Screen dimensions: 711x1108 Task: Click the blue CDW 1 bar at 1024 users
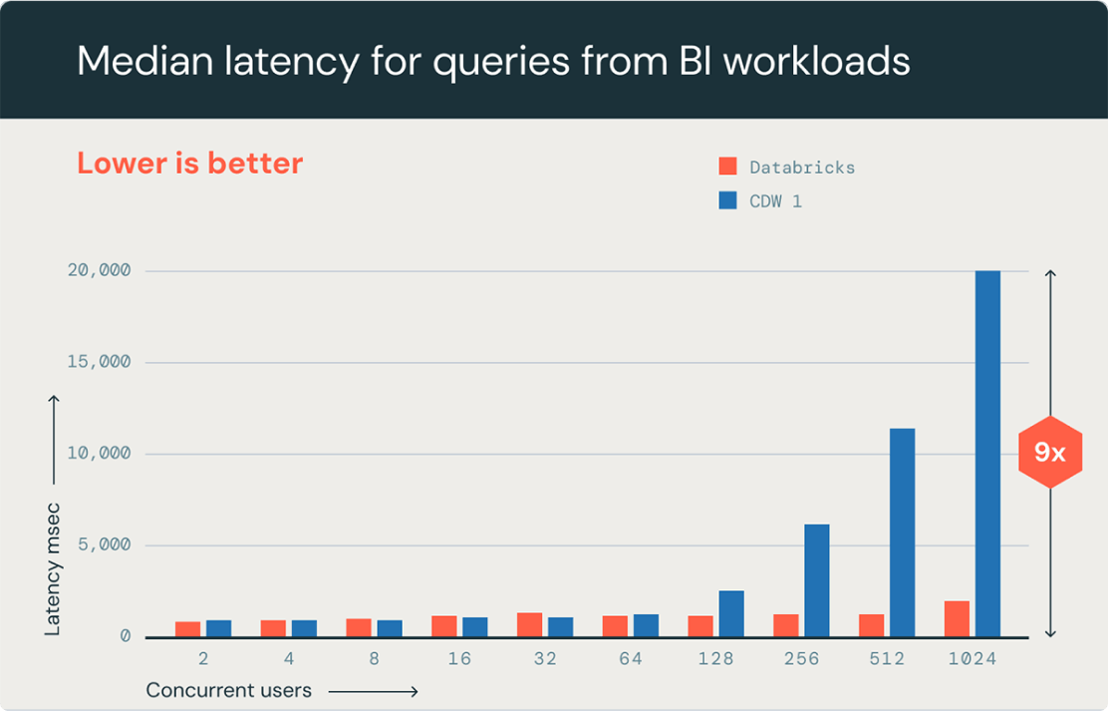coord(987,454)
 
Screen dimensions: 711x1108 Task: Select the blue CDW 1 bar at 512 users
coord(902,533)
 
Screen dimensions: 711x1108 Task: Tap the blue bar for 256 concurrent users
coord(816,580)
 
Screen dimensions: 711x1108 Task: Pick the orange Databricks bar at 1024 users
coord(957,618)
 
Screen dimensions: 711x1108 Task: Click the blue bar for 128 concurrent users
coord(730,613)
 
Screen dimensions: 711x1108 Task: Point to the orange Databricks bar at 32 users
coord(529,624)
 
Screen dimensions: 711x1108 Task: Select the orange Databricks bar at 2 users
coord(187,628)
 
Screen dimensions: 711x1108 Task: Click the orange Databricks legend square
coord(727,167)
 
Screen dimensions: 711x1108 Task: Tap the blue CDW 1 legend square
coord(727,200)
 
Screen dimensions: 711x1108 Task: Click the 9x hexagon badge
coord(1049,454)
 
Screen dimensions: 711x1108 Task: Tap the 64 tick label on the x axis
coord(631,659)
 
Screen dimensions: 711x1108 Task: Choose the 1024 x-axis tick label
coord(971,659)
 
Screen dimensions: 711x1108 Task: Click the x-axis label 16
coord(459,659)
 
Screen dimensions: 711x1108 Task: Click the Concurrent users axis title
coord(228,690)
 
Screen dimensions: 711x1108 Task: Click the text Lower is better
coord(189,164)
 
